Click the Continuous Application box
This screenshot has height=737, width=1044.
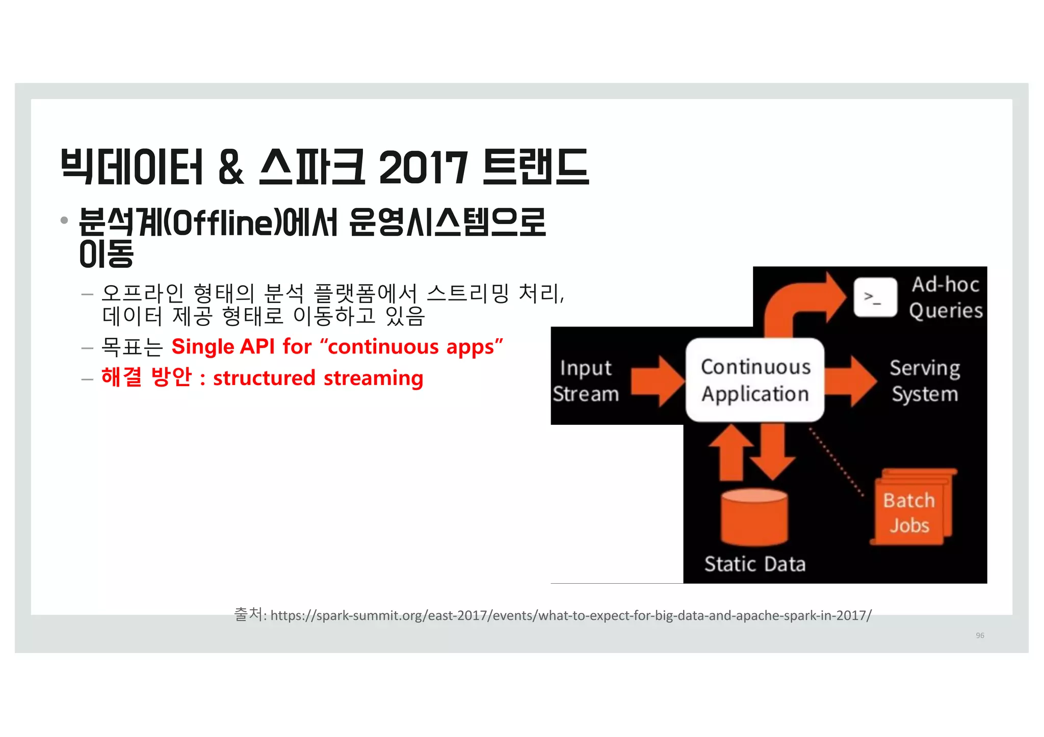pyautogui.click(x=754, y=380)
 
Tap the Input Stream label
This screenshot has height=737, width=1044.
pyautogui.click(x=585, y=380)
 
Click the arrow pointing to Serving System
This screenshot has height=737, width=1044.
pyautogui.click(x=850, y=381)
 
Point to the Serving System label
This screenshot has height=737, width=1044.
pyautogui.click(x=925, y=380)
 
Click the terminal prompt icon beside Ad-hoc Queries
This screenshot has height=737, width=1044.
pyautogui.click(x=875, y=297)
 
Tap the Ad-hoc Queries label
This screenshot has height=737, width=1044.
pyautogui.click(x=946, y=297)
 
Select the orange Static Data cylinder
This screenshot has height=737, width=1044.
pyautogui.click(x=754, y=517)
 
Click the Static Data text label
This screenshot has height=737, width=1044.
pyautogui.click(x=754, y=564)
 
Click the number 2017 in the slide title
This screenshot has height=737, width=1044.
pyautogui.click(x=423, y=167)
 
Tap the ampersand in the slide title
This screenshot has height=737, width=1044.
pyautogui.click(x=231, y=167)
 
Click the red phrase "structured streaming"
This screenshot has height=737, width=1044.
pyautogui.click(x=318, y=378)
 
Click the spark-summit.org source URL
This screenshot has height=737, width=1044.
pyautogui.click(x=570, y=615)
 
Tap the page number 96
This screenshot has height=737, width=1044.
pyautogui.click(x=980, y=635)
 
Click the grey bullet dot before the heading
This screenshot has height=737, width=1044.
pyautogui.click(x=64, y=221)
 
